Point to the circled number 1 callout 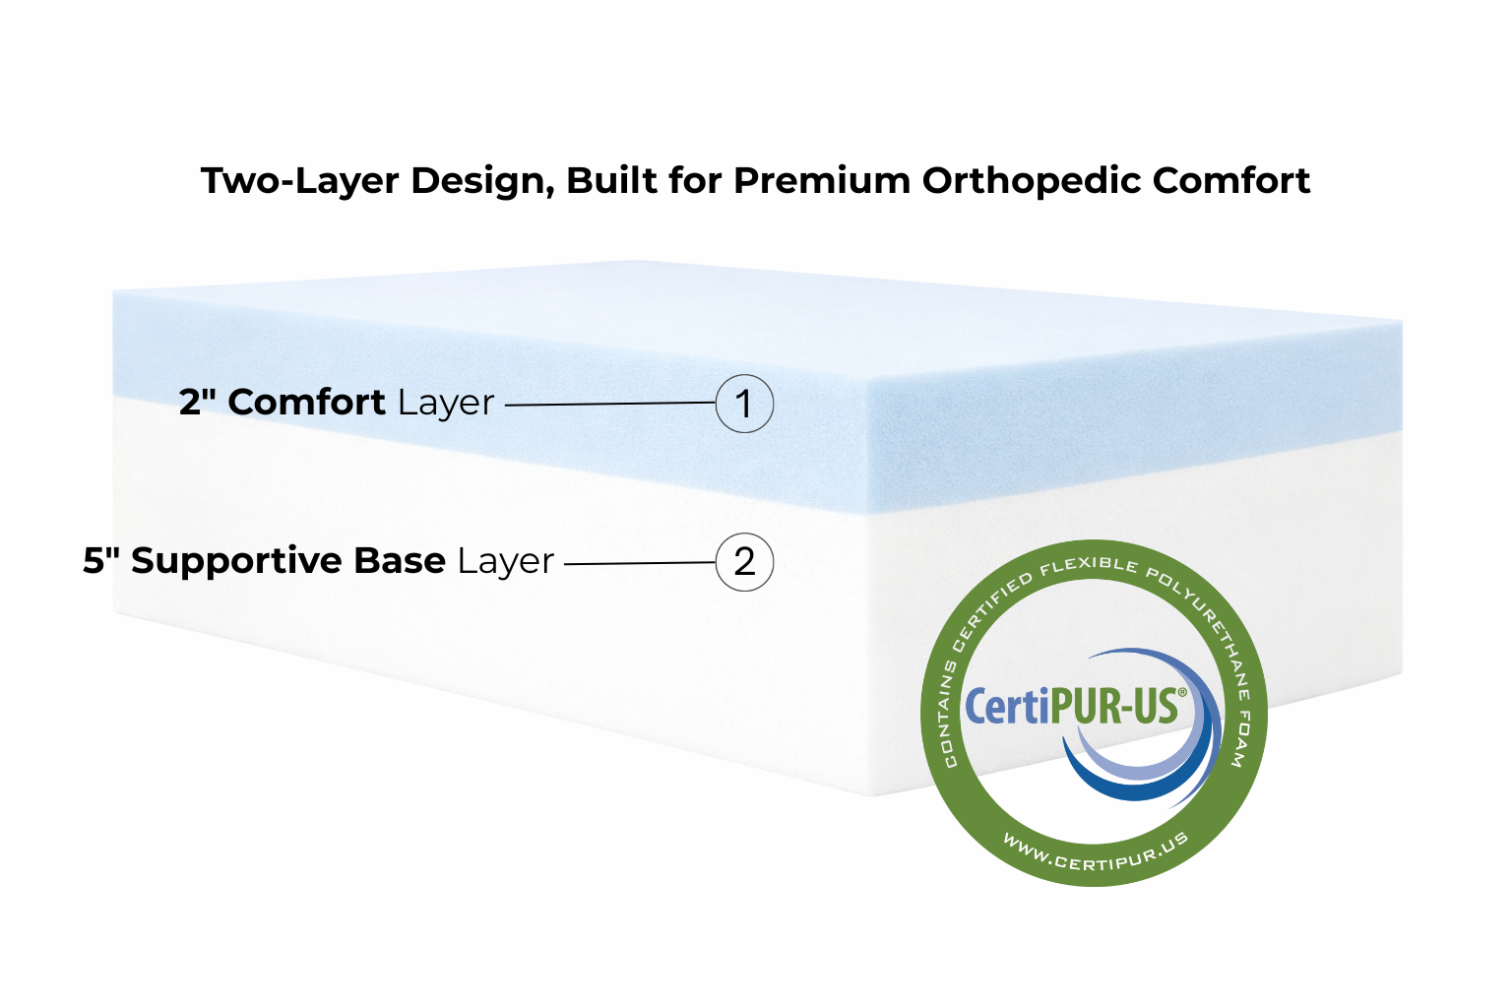point(744,404)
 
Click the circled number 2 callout point(744,562)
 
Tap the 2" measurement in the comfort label point(198,402)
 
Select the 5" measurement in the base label point(101,560)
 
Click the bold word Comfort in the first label point(306,402)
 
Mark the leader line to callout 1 point(610,404)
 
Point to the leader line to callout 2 point(640,563)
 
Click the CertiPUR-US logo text point(1073,707)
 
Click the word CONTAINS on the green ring point(948,714)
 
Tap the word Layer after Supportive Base point(506,561)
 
